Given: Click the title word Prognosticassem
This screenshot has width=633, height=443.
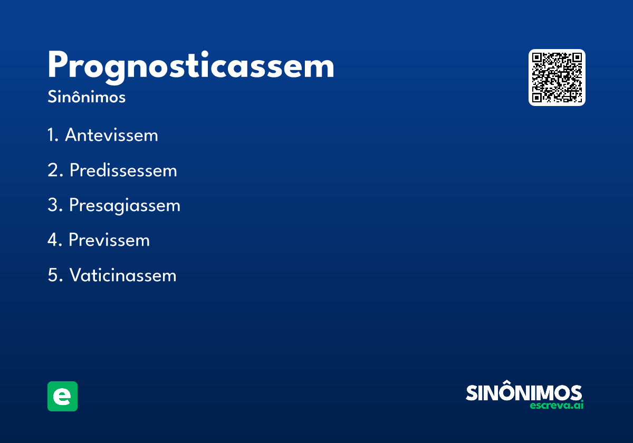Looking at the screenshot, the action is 191,68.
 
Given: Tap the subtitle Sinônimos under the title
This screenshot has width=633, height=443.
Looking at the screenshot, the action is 87,97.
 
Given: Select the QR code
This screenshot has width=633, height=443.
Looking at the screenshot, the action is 557,78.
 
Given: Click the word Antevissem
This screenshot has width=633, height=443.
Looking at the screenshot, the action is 111,135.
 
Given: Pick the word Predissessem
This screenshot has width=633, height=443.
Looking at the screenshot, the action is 123,170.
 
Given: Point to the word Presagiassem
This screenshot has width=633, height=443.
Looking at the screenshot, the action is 124,206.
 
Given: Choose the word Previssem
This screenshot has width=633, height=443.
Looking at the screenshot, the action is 109,240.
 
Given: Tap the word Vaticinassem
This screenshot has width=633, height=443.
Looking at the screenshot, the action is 123,275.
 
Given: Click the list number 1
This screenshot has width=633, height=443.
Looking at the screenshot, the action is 53,135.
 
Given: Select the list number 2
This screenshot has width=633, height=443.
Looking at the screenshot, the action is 55,170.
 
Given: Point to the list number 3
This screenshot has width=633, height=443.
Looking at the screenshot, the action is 55,205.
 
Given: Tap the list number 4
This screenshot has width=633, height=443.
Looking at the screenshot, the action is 54,240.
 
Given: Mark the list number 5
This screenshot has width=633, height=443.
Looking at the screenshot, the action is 55,275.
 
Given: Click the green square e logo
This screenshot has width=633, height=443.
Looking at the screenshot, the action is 62,396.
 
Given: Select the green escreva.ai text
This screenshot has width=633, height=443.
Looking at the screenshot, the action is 557,405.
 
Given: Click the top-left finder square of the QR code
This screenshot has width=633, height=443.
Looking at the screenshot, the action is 537,57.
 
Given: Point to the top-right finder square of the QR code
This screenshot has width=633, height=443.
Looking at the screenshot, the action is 577,57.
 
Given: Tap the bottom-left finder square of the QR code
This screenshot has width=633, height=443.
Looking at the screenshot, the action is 537,98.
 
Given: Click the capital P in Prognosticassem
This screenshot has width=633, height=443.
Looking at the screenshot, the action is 57,65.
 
